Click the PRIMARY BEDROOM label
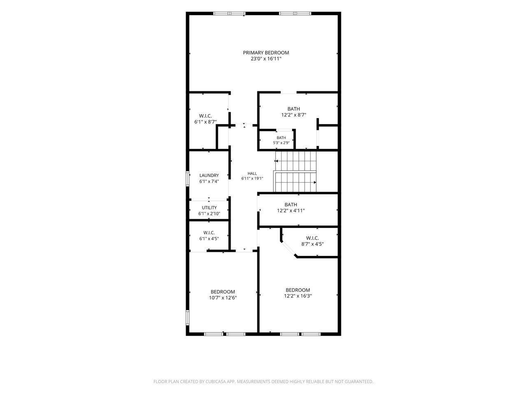click(266, 53)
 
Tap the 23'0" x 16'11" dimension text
click(266, 59)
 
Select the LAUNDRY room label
click(209, 175)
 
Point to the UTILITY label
click(209, 208)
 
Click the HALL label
click(252, 173)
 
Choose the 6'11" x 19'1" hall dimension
click(252, 179)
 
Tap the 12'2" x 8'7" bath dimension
click(294, 115)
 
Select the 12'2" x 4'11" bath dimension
click(291, 211)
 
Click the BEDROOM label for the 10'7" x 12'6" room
click(223, 292)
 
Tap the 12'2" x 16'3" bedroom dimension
click(298, 296)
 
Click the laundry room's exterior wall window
click(188, 179)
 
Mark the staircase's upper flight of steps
click(296, 161)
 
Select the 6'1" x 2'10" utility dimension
click(209, 214)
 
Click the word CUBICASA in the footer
click(215, 381)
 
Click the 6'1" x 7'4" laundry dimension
click(209, 181)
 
